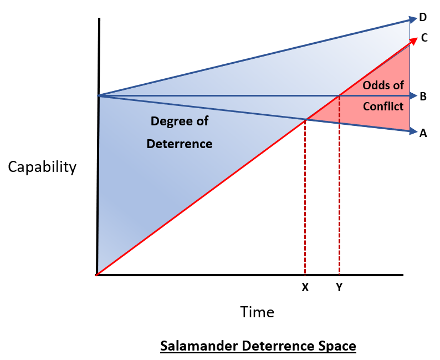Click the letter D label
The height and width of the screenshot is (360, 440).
coord(423,18)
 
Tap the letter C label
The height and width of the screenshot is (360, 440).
coord(424,38)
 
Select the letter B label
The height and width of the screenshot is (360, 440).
coord(423,97)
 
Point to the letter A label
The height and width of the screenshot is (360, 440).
coord(423,133)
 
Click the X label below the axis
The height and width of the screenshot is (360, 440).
coord(305,288)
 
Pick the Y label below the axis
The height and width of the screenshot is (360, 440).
coord(339,288)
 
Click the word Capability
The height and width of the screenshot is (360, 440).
coord(42,167)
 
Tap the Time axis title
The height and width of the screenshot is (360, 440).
coord(257,312)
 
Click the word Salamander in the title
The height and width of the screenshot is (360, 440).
coord(195,346)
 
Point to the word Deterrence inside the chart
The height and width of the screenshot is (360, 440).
coord(179,144)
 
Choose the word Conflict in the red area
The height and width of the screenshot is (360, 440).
coord(383,106)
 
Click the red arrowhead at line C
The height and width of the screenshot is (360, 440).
coord(413,39)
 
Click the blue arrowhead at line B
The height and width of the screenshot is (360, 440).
coord(412,97)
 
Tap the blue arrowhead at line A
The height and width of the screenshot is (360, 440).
coord(412,131)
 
